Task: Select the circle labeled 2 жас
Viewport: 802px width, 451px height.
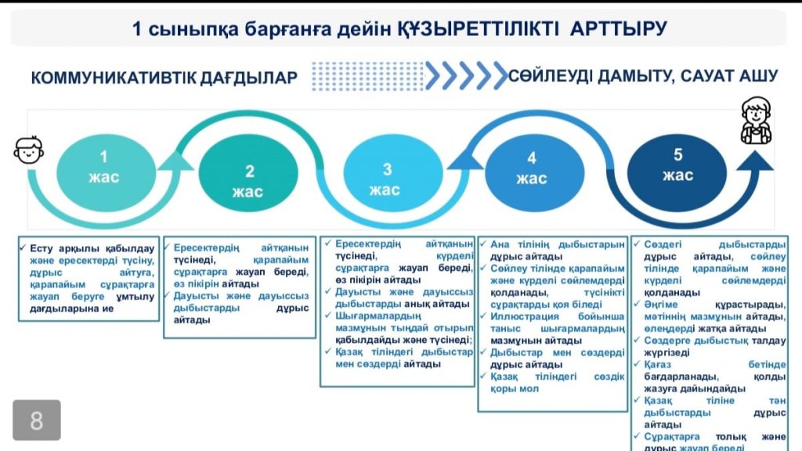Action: pos(249,182)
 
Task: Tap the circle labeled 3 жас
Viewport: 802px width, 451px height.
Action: pos(386,179)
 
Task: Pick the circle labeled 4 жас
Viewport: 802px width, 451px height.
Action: pos(531,168)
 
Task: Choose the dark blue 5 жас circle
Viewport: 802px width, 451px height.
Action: pos(677,164)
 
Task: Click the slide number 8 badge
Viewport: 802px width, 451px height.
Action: pos(36,421)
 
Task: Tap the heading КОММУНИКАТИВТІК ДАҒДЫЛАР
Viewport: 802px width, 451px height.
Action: pos(164,78)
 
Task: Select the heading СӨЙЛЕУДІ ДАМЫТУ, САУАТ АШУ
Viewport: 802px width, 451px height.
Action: pos(643,76)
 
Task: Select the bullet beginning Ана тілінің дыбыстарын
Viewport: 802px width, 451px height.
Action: pos(553,250)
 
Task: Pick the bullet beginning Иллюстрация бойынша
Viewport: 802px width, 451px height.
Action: pos(553,329)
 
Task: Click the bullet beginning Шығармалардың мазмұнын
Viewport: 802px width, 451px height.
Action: pos(399,327)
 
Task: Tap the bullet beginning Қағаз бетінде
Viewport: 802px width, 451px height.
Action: pos(713,377)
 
